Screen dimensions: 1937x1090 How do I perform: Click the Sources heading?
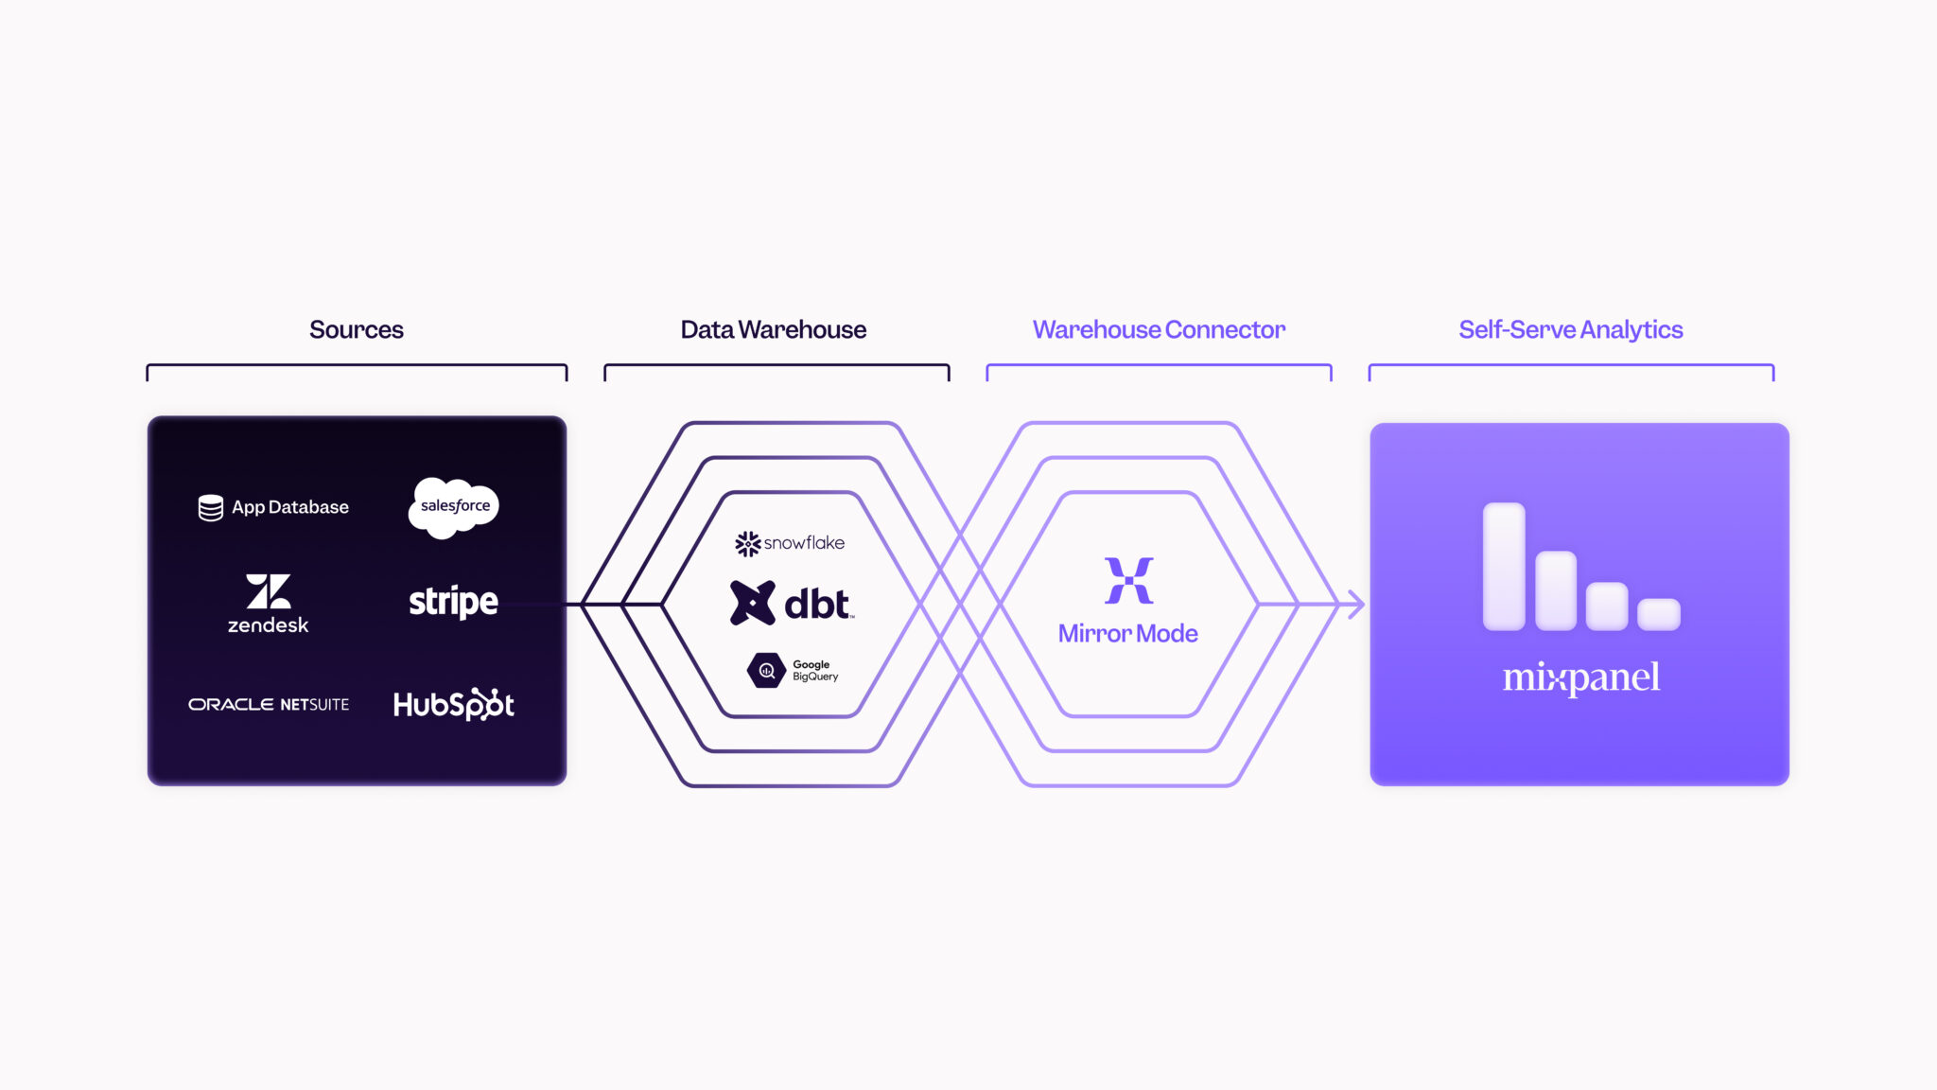[356, 329]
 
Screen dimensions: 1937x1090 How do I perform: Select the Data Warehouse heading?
[773, 329]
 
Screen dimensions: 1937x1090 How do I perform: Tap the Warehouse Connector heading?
[1159, 329]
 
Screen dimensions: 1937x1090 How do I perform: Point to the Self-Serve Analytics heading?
[1570, 329]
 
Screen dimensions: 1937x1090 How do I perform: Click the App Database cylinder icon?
[210, 507]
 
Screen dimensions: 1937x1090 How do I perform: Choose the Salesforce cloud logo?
[454, 507]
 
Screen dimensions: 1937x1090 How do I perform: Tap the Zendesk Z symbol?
[269, 591]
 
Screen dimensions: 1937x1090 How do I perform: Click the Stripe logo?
[453, 602]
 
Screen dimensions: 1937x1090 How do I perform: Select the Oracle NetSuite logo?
[269, 704]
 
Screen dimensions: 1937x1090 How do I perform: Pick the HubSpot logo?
[453, 704]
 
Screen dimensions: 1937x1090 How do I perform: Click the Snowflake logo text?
[804, 543]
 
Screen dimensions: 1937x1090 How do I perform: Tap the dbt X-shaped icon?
[752, 603]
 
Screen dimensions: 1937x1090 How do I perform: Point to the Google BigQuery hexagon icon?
[766, 670]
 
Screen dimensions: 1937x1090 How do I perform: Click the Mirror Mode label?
[1127, 633]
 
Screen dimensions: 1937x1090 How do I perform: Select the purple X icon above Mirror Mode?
[1128, 580]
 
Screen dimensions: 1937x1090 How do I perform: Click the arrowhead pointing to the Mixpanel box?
[1355, 604]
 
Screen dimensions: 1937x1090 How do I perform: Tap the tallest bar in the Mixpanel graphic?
[1504, 566]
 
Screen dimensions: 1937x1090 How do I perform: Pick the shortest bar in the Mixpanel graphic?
[1658, 613]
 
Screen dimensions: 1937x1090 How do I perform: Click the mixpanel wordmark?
[1580, 677]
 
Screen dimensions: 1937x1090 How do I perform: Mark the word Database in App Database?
[308, 507]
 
